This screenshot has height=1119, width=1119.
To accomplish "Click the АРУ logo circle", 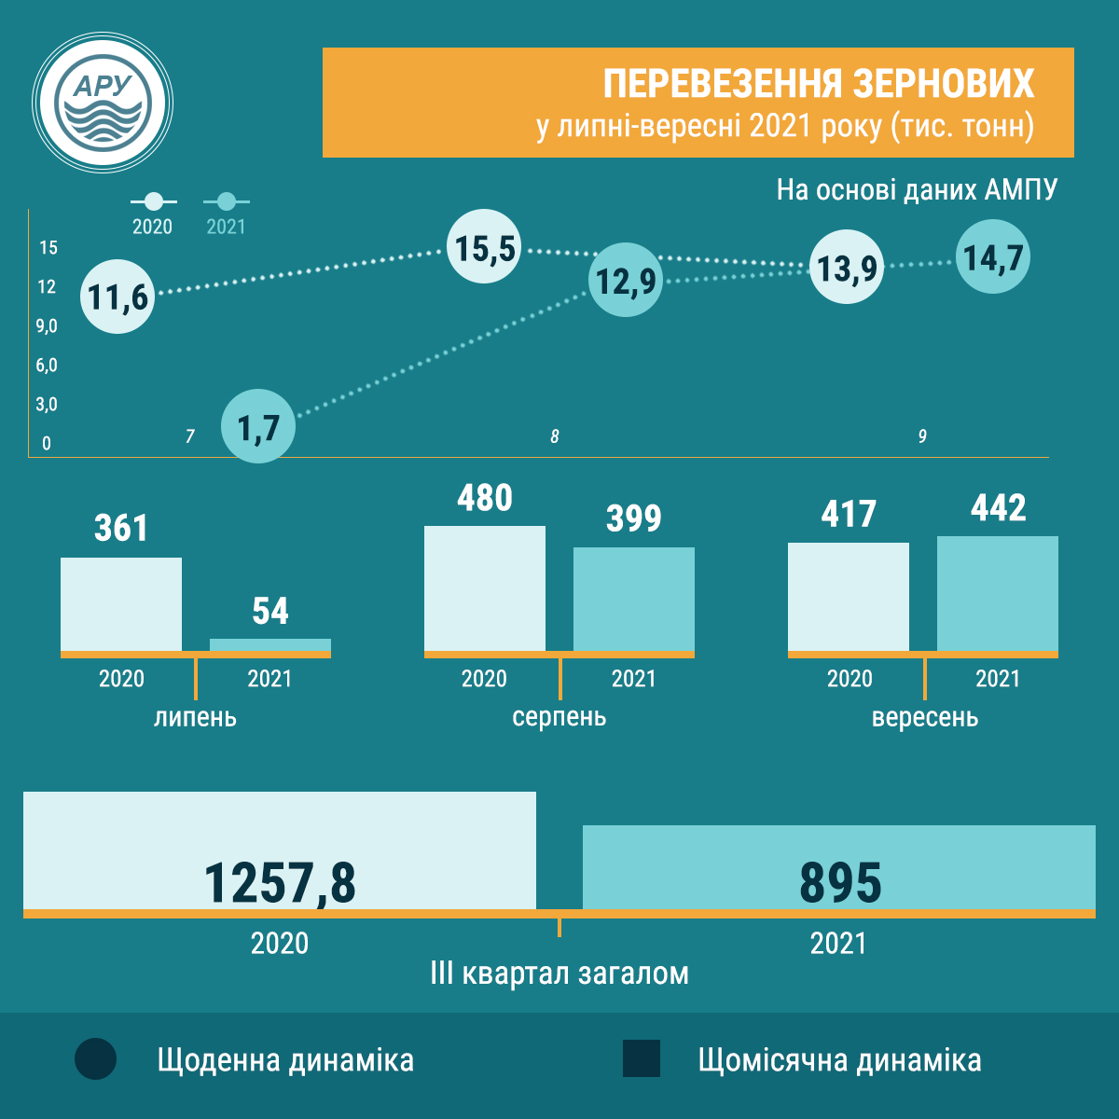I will pos(103,103).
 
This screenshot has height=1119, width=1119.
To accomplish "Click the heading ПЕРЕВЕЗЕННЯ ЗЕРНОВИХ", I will pos(818,83).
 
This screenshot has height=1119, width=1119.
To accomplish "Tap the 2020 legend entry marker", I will pos(154,201).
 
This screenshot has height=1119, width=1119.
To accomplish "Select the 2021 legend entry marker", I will pos(226,201).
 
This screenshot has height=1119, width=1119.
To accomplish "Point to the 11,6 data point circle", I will pos(117,297).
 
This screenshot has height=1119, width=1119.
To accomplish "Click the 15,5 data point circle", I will pos(484,248).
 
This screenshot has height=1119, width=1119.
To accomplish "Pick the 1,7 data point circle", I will pos(258,427).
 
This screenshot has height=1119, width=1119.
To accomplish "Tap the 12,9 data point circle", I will pos(626,280).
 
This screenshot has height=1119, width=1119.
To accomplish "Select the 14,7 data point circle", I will pos(993,257).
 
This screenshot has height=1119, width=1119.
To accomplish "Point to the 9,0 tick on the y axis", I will pos(47,326).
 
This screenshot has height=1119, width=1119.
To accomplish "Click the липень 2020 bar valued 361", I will pos(121,603).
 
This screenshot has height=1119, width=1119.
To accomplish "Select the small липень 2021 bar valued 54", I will pos(270,644).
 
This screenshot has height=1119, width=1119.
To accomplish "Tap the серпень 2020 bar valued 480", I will pos(485,587).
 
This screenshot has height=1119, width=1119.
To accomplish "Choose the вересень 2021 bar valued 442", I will pos(998,593).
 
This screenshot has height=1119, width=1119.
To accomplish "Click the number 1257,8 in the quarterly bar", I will pos(280,882).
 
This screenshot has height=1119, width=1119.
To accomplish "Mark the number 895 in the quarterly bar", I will pos(840,882).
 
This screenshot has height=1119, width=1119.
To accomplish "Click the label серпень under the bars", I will pos(559,717).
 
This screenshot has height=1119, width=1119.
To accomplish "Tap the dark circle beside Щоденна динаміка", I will pos(96,1059).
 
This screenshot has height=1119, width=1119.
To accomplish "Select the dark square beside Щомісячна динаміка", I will pos(642,1059).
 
